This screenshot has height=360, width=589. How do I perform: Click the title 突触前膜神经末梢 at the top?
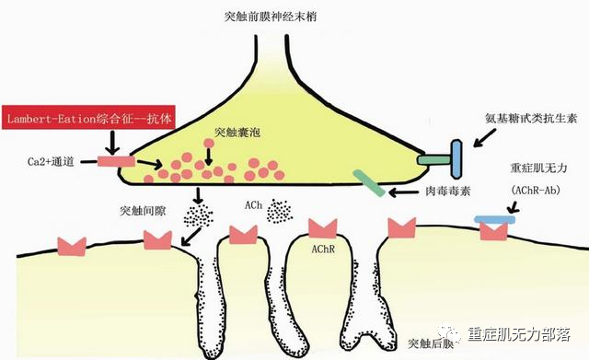294,17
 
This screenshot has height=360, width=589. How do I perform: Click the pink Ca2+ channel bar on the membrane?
114,162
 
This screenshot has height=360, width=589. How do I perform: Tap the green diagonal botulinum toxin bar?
368,181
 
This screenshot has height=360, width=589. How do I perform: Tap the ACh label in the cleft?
254,204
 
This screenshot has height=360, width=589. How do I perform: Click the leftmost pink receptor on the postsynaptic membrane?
71,246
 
